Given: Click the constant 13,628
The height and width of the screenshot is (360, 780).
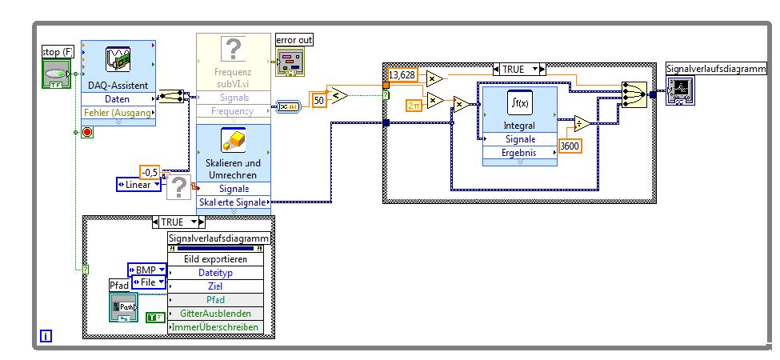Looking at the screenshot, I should point(402,74).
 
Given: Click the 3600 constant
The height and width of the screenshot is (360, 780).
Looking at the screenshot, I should point(570,147).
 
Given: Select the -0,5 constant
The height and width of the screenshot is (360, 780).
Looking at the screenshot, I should point(150,172).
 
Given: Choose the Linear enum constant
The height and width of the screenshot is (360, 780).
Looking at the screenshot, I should point(138,186).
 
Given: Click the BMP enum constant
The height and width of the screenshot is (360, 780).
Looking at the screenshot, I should point(147,270).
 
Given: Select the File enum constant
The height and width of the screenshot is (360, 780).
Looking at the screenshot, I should point(150,282).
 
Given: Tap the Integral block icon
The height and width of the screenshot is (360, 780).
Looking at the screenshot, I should point(519,105).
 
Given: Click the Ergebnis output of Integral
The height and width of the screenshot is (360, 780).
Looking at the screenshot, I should point(519,152).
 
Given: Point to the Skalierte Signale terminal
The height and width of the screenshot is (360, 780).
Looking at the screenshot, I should point(233,201).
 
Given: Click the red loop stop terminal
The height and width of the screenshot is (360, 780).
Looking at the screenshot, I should point(87,132).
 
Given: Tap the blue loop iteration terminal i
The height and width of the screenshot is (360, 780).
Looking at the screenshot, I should point(45,337).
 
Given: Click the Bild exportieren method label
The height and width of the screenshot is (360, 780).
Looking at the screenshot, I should point(218,259).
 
